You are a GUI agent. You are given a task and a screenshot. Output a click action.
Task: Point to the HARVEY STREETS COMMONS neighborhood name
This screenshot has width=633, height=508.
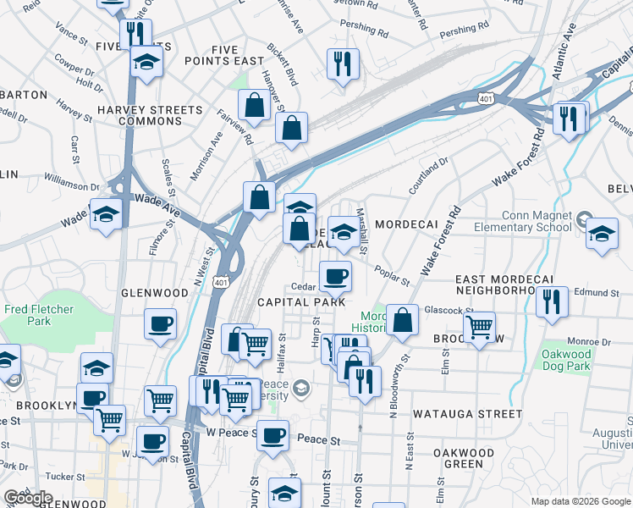pos(151,116)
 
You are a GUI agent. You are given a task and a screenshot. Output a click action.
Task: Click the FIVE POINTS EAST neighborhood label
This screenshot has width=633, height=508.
pos(226,56)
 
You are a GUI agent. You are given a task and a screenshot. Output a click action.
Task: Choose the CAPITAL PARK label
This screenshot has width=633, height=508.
pos(301,302)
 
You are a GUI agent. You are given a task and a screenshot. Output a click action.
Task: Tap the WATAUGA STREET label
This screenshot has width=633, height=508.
pos(467,414)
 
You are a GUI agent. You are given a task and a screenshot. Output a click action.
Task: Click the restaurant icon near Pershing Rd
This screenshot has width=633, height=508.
pos(343,64)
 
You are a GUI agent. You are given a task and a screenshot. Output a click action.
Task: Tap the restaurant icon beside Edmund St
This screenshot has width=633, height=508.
pos(552,303)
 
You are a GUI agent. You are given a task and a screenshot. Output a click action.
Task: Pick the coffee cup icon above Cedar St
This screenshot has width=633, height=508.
pos(335,276)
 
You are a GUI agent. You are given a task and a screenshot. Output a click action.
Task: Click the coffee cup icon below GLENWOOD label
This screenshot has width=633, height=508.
pos(160,324)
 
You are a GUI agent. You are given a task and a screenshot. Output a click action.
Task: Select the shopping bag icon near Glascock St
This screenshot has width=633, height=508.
pos(403,321)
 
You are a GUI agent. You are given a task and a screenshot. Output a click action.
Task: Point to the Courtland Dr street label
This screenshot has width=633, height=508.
pos(428,176)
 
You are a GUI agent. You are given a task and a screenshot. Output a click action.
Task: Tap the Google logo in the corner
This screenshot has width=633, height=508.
pos(28,498)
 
